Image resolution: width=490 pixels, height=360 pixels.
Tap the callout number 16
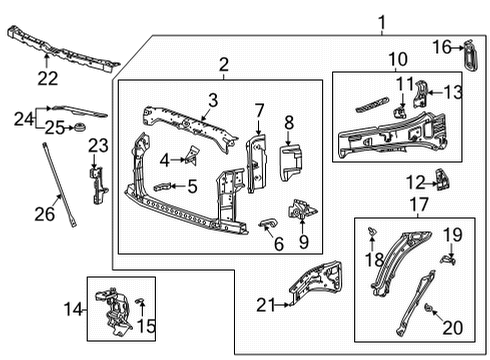point(442,46)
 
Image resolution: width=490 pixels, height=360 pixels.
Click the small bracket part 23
point(97,181)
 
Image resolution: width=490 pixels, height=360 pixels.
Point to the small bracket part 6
point(268,222)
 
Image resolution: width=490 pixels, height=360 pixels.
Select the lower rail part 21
point(316,281)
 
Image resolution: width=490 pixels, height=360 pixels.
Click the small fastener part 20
point(429,308)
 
